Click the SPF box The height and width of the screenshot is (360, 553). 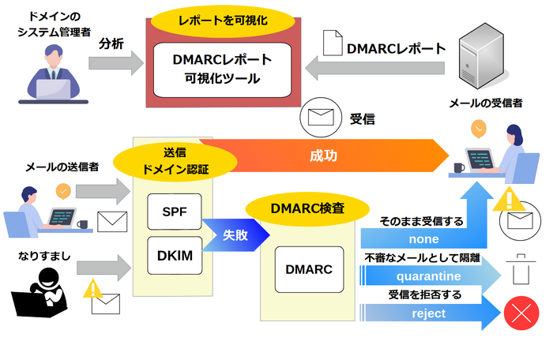click(174, 212)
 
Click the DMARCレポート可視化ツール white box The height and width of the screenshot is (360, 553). click(222, 69)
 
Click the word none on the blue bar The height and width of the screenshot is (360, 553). click(423, 239)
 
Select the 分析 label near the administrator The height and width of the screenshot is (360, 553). click(111, 44)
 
